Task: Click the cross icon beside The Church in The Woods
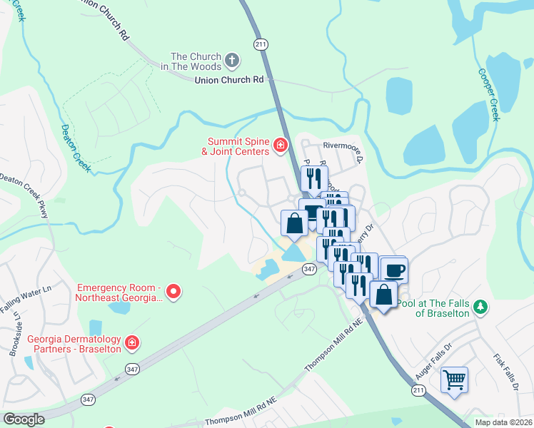tap(231, 60)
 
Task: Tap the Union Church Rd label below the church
tap(229, 80)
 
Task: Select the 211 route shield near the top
tap(261, 44)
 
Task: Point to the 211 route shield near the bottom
tap(418, 390)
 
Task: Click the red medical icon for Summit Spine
tap(281, 146)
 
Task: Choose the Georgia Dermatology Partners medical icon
tap(131, 344)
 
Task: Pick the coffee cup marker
tap(393, 270)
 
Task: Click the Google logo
tap(24, 419)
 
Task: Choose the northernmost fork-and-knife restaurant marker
tap(314, 179)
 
